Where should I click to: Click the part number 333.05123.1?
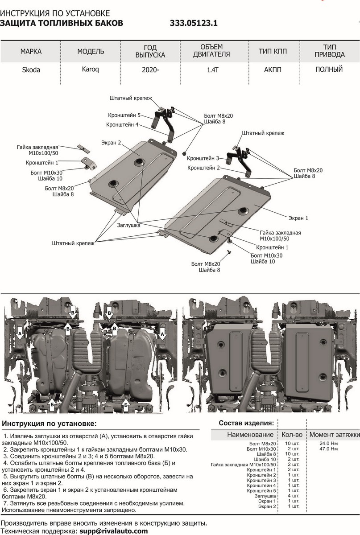[x=194, y=24]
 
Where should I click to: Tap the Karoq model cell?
[x=91, y=70]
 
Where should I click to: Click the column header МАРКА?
[x=31, y=51]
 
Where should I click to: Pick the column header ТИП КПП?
[x=269, y=51]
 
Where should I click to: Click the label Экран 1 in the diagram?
[x=298, y=218]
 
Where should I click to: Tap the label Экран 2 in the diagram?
[x=113, y=143]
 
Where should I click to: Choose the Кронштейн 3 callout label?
[x=203, y=158]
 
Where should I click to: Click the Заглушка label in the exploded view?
[x=129, y=226]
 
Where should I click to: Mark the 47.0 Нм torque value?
[x=328, y=449]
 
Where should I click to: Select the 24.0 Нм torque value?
[x=328, y=443]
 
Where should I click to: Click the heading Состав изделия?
[x=246, y=423]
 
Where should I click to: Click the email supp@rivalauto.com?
[x=113, y=531]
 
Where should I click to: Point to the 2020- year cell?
[x=150, y=70]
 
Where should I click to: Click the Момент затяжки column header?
[x=334, y=434]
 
